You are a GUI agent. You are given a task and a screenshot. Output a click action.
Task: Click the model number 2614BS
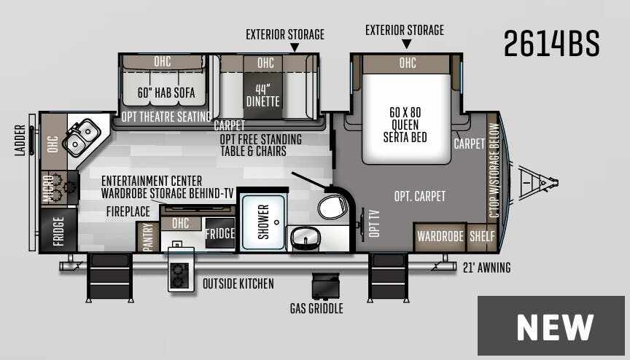pyautogui.click(x=551, y=44)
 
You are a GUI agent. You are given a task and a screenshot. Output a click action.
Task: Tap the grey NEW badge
pyautogui.click(x=551, y=326)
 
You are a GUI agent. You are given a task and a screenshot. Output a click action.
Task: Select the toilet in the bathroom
pyautogui.click(x=332, y=206)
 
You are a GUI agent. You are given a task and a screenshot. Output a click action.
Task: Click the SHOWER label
pyautogui.click(x=263, y=221)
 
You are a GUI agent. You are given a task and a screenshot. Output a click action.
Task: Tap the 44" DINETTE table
pyautogui.click(x=262, y=95)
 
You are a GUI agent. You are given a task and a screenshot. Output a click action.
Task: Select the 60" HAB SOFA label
pyautogui.click(x=166, y=93)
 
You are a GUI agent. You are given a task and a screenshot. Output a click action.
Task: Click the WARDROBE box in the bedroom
pyautogui.click(x=440, y=237)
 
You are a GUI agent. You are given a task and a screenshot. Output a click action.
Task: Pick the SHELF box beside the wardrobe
pyautogui.click(x=482, y=237)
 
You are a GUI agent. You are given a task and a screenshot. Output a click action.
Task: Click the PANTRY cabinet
pyautogui.click(x=147, y=238)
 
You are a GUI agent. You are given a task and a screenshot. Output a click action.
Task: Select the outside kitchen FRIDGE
pyautogui.click(x=219, y=234)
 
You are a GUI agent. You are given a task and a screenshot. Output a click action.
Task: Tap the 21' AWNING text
pyautogui.click(x=486, y=268)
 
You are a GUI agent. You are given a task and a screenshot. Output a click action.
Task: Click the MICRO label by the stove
pyautogui.click(x=48, y=188)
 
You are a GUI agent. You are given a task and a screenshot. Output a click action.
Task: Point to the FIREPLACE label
pyautogui.click(x=128, y=211)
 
